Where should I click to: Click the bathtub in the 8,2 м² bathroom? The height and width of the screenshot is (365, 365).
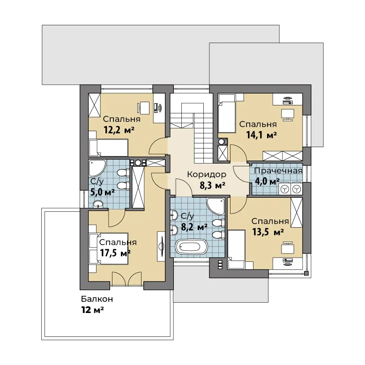coord(191,247)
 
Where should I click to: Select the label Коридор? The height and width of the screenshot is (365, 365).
coord(207,174)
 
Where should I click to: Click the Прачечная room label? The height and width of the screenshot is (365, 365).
coord(278,171)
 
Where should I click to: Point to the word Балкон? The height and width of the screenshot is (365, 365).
coord(97,299)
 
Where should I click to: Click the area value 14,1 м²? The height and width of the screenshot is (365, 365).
coord(261,135)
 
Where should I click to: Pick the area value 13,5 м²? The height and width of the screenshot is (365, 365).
coord(268,232)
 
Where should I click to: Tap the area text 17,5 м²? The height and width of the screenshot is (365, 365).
coord(115,253)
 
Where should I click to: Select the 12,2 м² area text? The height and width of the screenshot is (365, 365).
coord(119,130)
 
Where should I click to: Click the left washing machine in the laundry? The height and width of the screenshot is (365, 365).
coord(284,189)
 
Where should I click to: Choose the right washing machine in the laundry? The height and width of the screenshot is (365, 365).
coord(296,189)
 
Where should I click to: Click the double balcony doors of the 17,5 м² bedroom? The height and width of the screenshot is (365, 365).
coord(127,279)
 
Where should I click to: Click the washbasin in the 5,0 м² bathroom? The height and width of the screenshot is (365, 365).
coord(98,204)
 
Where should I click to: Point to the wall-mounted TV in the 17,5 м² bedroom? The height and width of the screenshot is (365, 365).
coord(161,246)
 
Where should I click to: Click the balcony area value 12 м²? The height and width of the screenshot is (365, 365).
coord(92,310)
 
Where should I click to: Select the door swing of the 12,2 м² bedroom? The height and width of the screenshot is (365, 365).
coord(158,147)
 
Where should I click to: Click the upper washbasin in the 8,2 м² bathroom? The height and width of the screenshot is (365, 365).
coord(174,215)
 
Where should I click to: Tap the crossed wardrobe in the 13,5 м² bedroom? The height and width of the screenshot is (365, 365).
coord(297,212)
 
